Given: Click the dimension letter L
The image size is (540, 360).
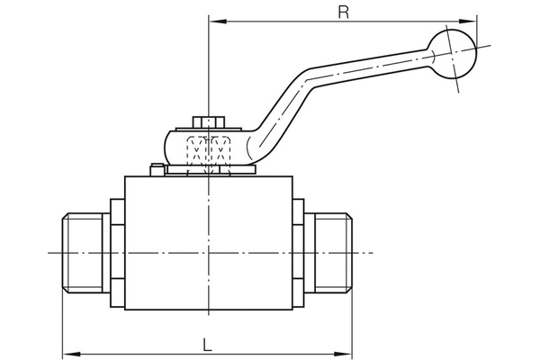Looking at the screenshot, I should tap(207, 343).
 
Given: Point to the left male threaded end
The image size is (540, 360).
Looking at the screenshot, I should tap(85, 253).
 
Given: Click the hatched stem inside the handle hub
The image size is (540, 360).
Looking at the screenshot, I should tap(208, 148).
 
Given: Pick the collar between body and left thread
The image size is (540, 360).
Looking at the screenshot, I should tap(117, 253).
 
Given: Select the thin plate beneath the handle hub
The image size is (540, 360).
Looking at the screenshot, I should tap(209, 171).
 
